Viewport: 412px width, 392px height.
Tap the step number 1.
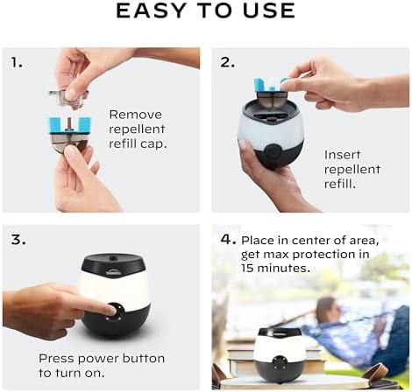17,64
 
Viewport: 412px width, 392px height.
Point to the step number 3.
17,239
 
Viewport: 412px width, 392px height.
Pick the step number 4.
227,239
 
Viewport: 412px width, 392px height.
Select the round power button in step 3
113,311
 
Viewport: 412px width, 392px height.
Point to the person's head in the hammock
325,308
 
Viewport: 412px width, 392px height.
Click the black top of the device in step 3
116,262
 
